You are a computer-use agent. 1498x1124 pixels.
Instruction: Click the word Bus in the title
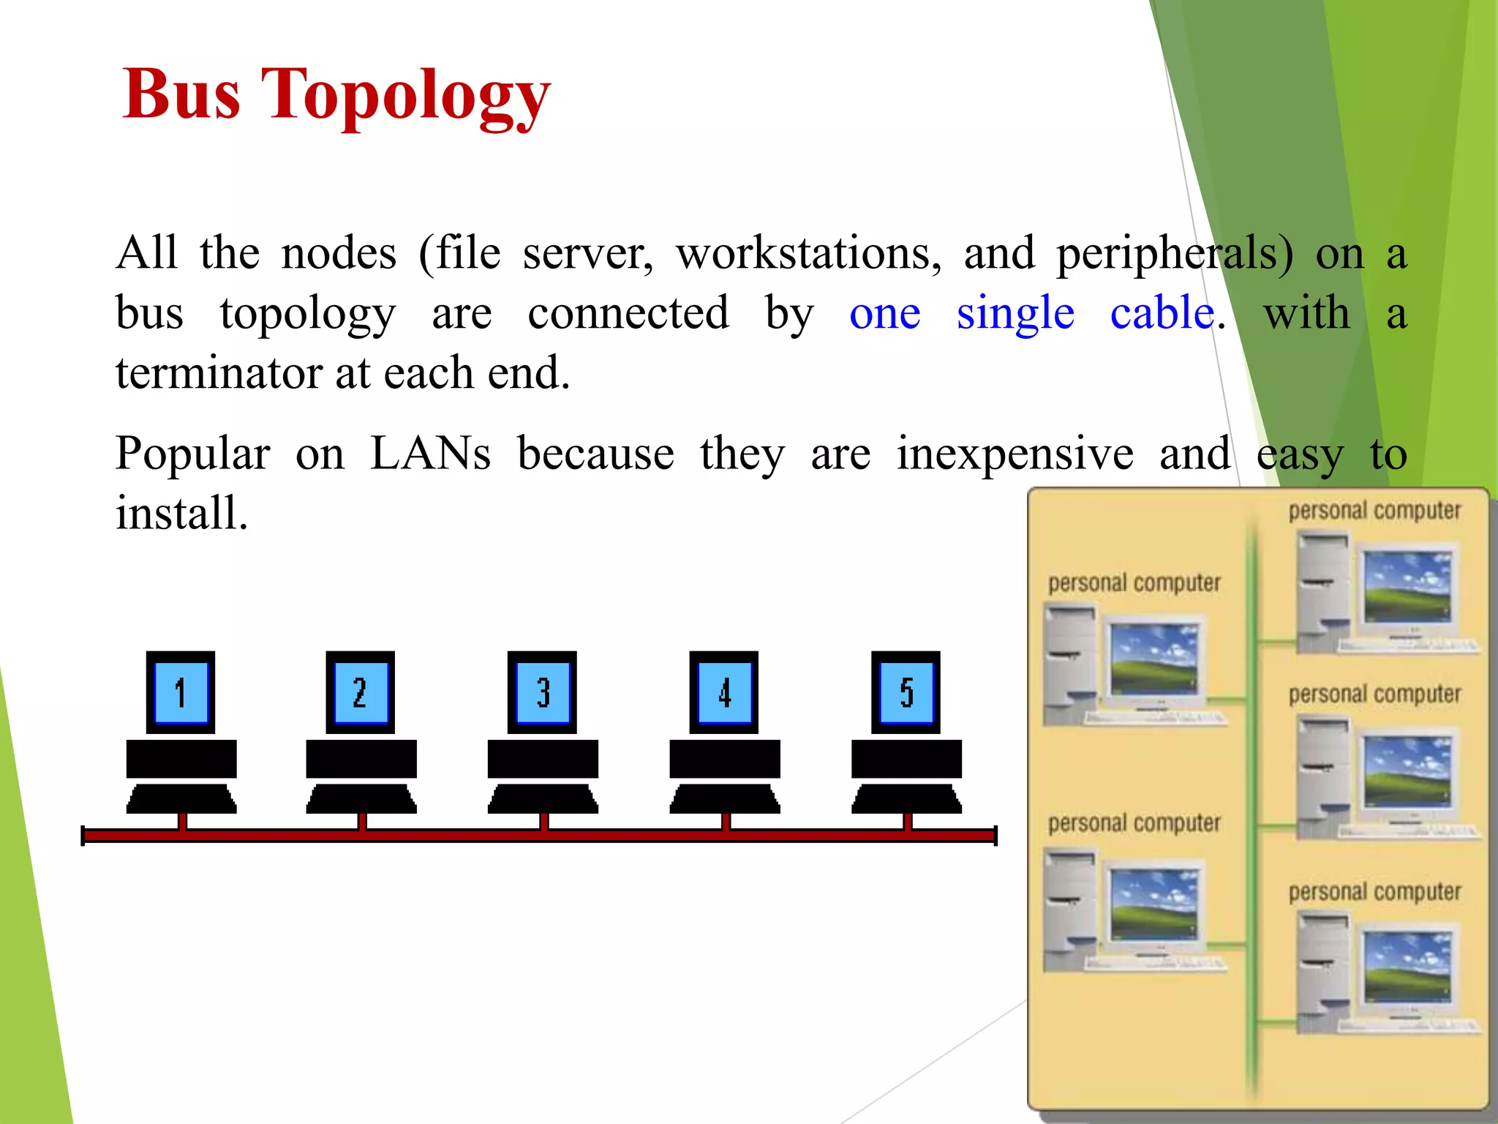click(181, 95)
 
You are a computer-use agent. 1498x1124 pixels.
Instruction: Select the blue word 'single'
click(1015, 313)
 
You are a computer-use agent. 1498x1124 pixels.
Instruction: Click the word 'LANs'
click(430, 453)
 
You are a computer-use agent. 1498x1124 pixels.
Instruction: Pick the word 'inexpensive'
click(1015, 454)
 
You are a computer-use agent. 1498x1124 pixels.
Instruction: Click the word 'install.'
click(182, 512)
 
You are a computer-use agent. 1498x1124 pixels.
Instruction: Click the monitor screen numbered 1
click(181, 692)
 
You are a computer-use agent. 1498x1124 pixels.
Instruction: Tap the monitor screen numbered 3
click(542, 692)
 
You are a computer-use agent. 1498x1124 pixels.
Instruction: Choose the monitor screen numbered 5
click(906, 692)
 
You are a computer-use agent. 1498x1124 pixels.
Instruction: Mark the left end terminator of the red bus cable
click(83, 835)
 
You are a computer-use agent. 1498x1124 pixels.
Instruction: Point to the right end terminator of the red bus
click(995, 835)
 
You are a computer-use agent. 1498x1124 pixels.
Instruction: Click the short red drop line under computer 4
click(726, 821)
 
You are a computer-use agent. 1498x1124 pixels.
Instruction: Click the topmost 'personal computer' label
click(1374, 511)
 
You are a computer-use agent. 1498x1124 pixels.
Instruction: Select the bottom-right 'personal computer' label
click(1374, 892)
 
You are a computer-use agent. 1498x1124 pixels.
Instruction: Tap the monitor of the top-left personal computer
click(1153, 659)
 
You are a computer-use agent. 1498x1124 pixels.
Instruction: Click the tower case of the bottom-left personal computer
click(1069, 910)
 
